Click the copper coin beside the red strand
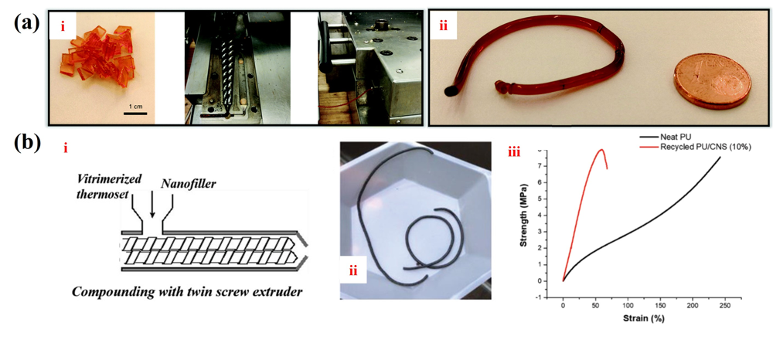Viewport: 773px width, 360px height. click(712, 82)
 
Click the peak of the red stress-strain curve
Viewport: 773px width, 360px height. click(601, 149)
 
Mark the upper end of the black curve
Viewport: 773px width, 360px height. click(720, 157)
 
